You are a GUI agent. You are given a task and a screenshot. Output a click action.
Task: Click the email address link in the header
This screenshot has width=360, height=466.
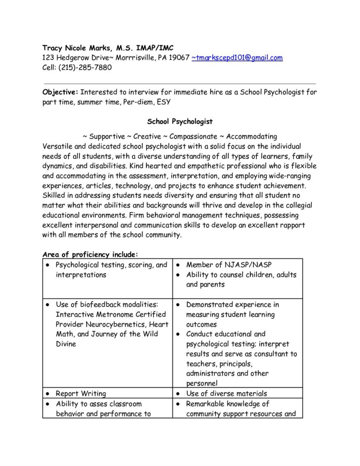click(237, 58)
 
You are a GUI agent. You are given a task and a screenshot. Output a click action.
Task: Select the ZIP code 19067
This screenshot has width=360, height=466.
click(179, 58)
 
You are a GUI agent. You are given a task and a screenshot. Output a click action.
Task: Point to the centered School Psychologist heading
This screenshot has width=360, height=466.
click(180, 122)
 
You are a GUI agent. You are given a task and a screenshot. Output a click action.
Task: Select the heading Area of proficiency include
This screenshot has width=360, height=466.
click(90, 254)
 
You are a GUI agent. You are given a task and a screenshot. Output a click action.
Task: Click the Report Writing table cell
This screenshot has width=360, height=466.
click(81, 394)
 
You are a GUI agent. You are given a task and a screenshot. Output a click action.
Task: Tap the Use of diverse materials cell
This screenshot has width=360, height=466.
click(226, 394)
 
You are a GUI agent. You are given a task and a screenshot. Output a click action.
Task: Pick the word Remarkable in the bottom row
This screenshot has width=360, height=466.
click(207, 404)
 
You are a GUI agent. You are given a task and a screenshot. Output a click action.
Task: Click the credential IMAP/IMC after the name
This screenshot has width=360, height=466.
click(152, 48)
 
